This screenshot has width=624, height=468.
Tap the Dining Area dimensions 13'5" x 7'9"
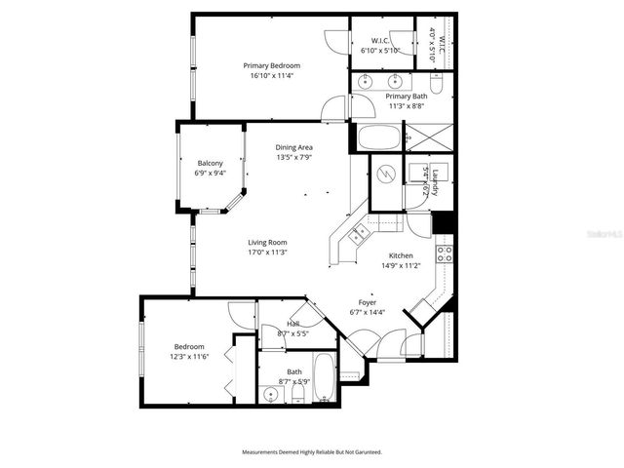tap(293, 157)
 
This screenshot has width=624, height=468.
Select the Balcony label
tap(211, 163)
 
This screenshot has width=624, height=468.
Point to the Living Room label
tap(267, 242)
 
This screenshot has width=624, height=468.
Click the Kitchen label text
tap(401, 254)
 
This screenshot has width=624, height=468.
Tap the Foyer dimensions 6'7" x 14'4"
tap(368, 313)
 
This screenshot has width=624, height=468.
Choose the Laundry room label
tap(436, 181)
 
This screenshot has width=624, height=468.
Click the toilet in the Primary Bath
tap(436, 86)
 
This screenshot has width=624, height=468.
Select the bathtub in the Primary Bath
tap(378, 137)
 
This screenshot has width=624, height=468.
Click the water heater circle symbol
tap(384, 176)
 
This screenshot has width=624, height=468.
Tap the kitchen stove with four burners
tap(444, 253)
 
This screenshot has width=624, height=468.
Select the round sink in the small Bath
tap(270, 395)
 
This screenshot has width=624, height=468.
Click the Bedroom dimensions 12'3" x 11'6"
tap(189, 356)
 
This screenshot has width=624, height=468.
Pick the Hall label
tap(292, 324)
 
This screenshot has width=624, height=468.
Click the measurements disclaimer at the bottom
tap(312, 452)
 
